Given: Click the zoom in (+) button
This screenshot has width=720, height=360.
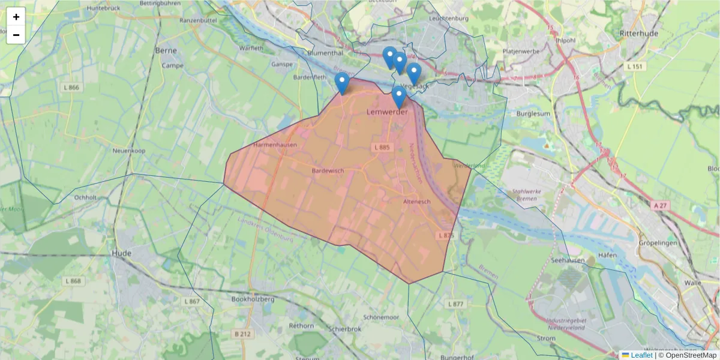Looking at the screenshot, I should click(x=16, y=17).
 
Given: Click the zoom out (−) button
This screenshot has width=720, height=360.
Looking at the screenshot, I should click(x=16, y=35).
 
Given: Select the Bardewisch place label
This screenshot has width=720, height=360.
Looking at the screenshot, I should click(x=328, y=171).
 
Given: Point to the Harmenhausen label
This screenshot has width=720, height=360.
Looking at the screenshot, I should click(x=275, y=145).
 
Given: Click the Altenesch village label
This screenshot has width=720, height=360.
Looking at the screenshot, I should click(x=417, y=202).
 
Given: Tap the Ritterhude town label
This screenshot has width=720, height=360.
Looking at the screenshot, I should click(x=639, y=33).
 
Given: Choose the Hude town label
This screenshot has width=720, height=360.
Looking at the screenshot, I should click(x=122, y=254).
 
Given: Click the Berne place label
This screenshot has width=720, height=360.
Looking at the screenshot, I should click(x=166, y=51).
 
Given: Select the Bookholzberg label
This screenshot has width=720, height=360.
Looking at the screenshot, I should click(x=253, y=299).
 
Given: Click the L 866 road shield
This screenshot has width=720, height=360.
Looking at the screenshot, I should click(x=71, y=88).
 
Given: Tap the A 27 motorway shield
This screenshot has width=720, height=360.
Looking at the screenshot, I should click(x=660, y=205).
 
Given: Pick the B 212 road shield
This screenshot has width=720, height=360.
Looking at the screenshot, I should click(x=242, y=332).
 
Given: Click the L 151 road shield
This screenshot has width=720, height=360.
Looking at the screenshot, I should click(x=635, y=66).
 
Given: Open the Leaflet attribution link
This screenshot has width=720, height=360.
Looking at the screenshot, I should click(x=641, y=355).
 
